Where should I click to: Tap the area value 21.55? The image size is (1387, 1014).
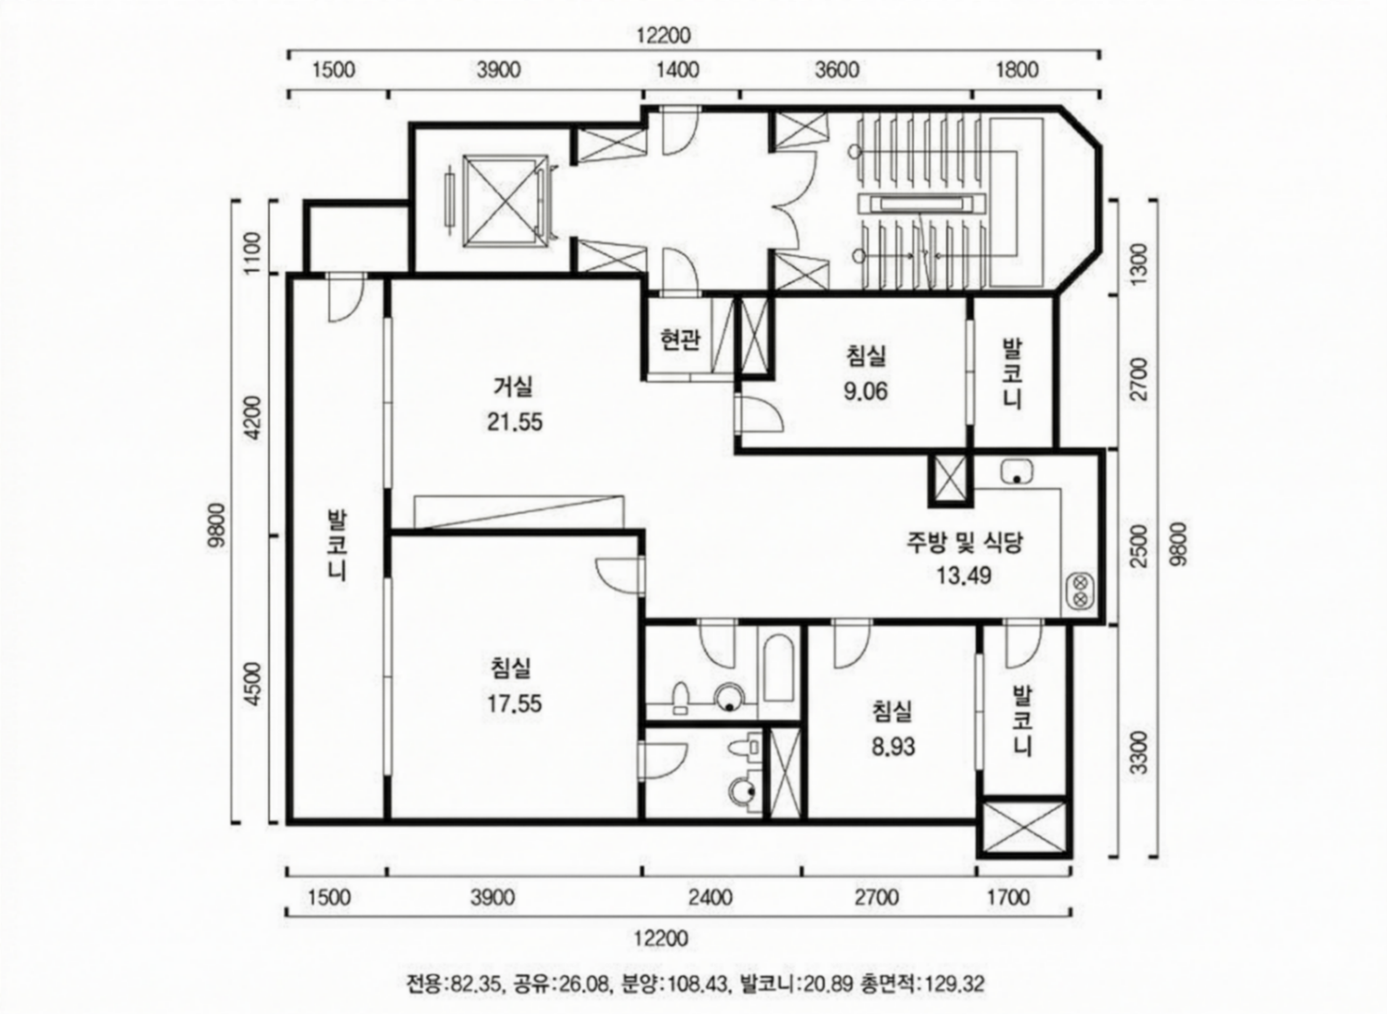tap(515, 422)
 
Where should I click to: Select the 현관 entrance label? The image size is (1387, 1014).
tap(680, 339)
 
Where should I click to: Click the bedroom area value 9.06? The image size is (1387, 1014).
tap(865, 391)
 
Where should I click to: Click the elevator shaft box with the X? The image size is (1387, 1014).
tap(505, 200)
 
